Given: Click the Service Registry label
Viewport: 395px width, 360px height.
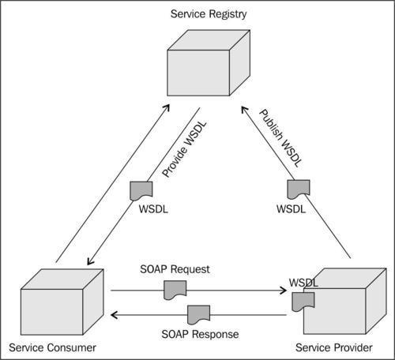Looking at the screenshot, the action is tap(209, 14).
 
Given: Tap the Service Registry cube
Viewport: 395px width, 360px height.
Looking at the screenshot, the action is tap(209, 62).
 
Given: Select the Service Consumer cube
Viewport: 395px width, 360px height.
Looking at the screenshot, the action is tap(62, 302).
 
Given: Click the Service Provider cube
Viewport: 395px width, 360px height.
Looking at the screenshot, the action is tap(345, 302).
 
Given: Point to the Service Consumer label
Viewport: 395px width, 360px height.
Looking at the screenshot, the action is tap(52, 347).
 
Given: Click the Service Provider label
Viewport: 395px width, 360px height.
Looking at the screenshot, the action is tap(334, 347).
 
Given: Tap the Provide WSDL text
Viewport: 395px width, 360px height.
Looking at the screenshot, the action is tap(184, 149).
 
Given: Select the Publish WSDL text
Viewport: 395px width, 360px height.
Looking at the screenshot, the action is tap(280, 138).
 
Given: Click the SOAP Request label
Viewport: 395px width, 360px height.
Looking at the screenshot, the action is tap(175, 269).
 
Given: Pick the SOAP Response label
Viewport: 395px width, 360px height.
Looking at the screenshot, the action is tap(200, 334).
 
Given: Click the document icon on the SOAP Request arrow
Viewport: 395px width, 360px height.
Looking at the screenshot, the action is tap(175, 290).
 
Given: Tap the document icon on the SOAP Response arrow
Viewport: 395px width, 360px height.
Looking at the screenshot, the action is tap(199, 315).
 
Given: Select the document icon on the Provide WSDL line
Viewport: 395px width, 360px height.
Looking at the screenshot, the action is tap(141, 191).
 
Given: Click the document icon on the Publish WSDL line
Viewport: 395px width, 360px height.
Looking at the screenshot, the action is tap(299, 189).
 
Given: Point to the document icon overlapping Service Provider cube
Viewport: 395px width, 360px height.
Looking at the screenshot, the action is tap(303, 302).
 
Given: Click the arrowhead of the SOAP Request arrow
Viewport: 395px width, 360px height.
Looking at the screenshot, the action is tap(284, 291).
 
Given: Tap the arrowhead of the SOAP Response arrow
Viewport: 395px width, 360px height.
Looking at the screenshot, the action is tap(114, 315).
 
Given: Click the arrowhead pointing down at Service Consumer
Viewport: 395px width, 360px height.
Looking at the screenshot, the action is tap(90, 261).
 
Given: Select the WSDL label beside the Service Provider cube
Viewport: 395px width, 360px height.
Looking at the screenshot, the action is tap(303, 283).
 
